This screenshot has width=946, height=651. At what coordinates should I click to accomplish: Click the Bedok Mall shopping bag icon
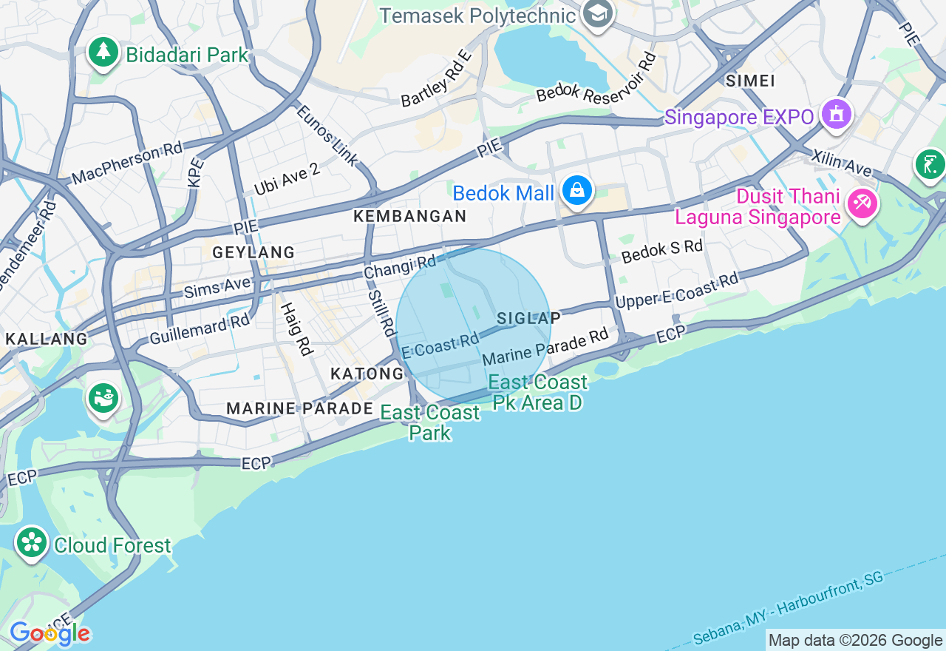pos(576,191)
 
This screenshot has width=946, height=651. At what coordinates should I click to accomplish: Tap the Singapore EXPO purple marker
pos(836,115)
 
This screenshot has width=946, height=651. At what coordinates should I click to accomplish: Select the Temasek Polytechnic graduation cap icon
pos(596,13)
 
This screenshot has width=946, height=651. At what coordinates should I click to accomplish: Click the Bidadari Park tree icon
pos(103,53)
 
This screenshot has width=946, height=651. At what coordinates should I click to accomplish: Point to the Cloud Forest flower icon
pos(32,544)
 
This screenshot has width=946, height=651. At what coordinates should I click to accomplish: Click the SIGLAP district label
pos(528,318)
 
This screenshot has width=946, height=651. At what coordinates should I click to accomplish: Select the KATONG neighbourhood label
pos(367,374)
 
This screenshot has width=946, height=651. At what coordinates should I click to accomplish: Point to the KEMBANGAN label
pos(410,216)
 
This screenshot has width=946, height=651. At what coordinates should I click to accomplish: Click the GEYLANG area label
pos(253,252)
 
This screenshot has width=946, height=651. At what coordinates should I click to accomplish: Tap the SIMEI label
pos(750,80)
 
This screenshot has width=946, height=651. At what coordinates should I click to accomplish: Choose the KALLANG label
pos(47,339)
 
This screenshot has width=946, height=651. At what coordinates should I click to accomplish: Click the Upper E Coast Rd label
pos(676,290)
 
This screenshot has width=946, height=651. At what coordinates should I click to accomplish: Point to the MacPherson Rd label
pos(126,164)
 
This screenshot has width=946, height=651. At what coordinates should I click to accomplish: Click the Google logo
pos(50,633)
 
